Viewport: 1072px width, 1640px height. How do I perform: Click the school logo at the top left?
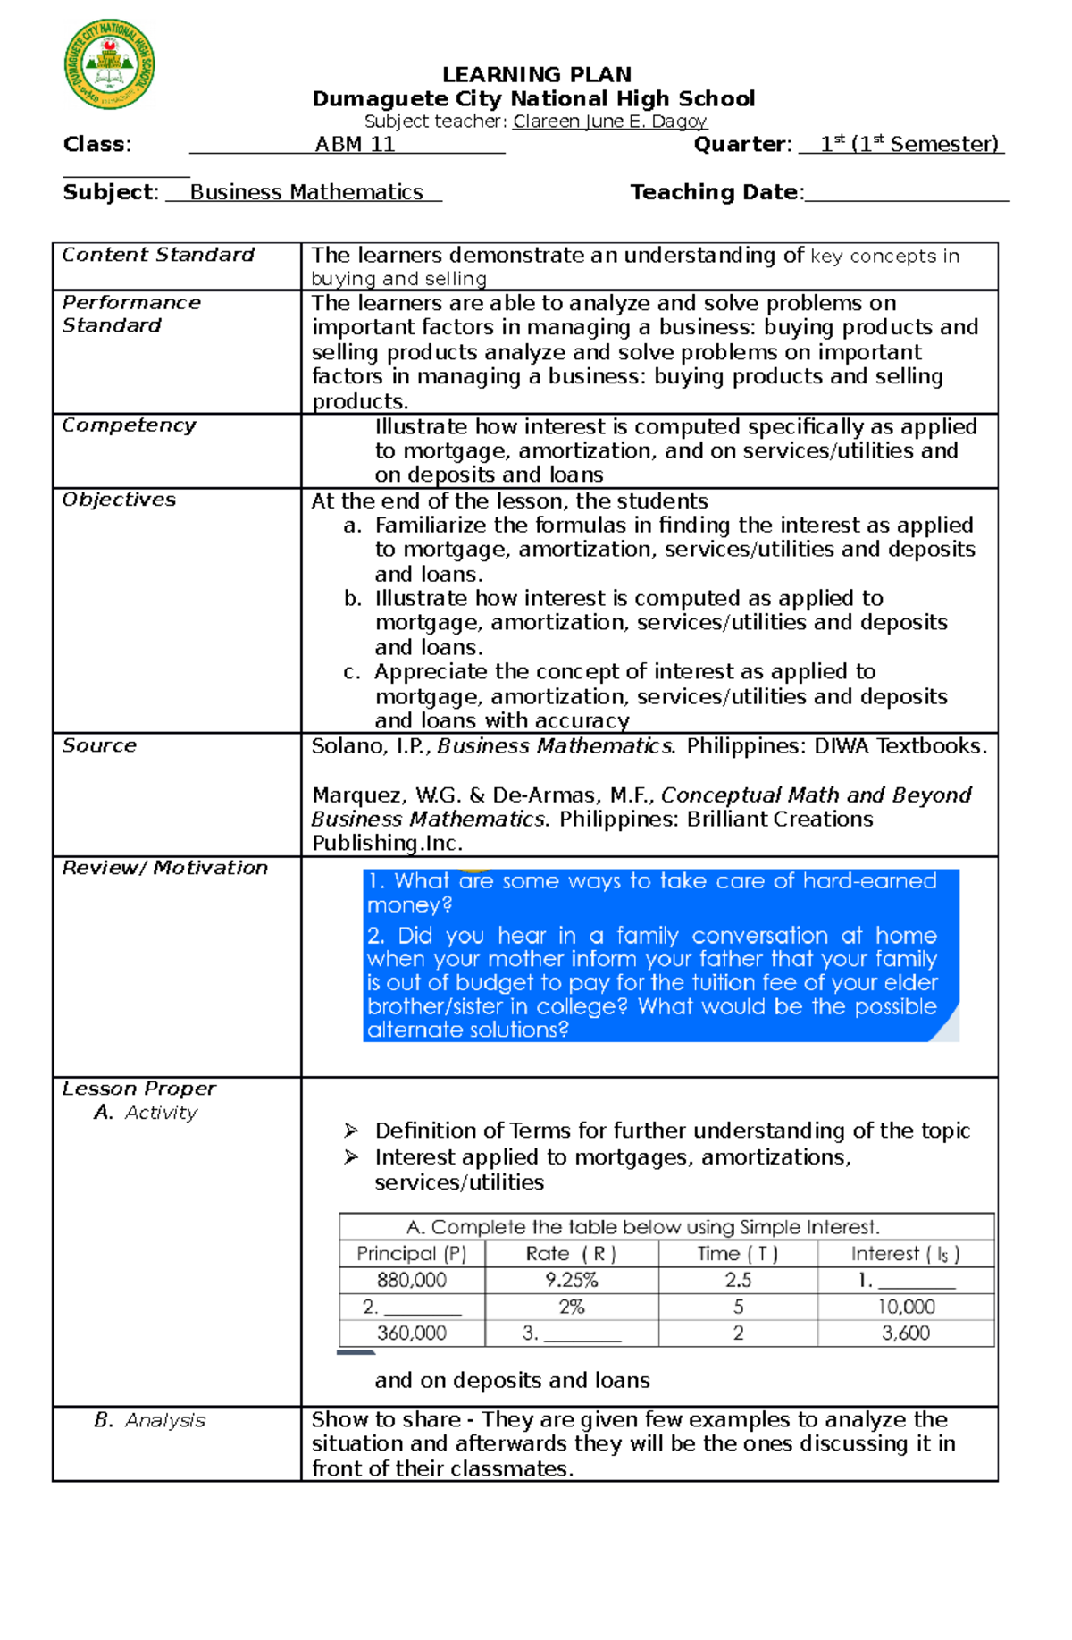[x=109, y=64]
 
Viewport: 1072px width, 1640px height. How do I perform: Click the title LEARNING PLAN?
[x=536, y=74]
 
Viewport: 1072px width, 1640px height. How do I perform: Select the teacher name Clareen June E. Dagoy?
[x=609, y=122]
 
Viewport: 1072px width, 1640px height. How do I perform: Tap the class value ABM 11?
[x=355, y=145]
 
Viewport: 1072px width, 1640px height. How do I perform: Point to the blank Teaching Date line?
[x=906, y=193]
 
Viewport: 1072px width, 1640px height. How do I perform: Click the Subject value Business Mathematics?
[x=306, y=192]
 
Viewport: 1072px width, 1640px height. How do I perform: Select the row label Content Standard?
[x=158, y=255]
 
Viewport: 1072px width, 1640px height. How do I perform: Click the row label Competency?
[x=129, y=425]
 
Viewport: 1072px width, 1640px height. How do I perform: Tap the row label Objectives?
[x=119, y=500]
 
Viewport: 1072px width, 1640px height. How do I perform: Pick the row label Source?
[x=99, y=745]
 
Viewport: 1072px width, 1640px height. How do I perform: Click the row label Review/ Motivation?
[x=165, y=868]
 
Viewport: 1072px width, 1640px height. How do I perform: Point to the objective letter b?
[x=352, y=599]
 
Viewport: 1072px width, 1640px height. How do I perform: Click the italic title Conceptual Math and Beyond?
[x=816, y=795]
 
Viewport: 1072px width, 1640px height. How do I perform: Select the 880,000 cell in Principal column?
[x=412, y=1280]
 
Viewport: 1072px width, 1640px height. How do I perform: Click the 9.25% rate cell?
[x=572, y=1280]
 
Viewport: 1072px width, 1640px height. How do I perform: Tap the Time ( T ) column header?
[x=737, y=1254]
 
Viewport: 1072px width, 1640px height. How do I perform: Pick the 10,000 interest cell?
[x=906, y=1307]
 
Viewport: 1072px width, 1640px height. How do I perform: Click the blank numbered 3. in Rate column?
[x=572, y=1333]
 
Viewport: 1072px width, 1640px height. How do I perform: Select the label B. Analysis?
[x=149, y=1420]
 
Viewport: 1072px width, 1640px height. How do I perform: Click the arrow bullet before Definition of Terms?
[x=351, y=1131]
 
